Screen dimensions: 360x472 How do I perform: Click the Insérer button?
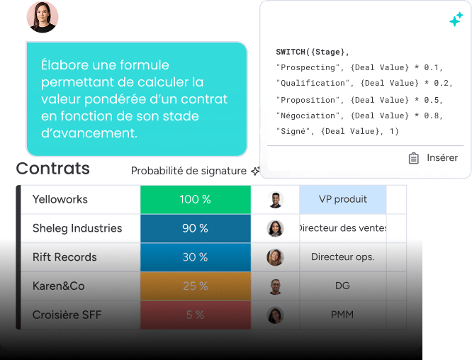(433, 158)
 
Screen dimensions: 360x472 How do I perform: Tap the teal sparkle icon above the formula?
(456, 21)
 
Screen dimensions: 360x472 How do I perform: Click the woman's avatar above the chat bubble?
(43, 17)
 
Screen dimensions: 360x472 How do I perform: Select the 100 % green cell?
(195, 199)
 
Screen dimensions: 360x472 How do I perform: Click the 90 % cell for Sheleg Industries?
(195, 228)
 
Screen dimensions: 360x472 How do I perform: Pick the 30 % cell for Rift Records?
(195, 257)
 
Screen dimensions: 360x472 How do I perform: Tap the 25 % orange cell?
(195, 286)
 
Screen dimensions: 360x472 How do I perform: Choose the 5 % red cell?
(195, 315)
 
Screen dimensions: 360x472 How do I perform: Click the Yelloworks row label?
(60, 199)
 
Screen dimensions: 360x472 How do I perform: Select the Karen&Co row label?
(59, 286)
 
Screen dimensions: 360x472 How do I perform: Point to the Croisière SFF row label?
(67, 315)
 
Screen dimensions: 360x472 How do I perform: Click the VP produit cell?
(343, 199)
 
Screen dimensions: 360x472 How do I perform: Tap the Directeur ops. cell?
(343, 257)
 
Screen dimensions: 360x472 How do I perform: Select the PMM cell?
(343, 315)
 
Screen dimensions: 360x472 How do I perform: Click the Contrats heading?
(53, 169)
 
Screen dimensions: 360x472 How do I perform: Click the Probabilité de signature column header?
(189, 171)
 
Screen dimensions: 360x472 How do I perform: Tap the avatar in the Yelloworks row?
(276, 200)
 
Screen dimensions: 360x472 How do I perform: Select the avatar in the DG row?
(276, 286)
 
